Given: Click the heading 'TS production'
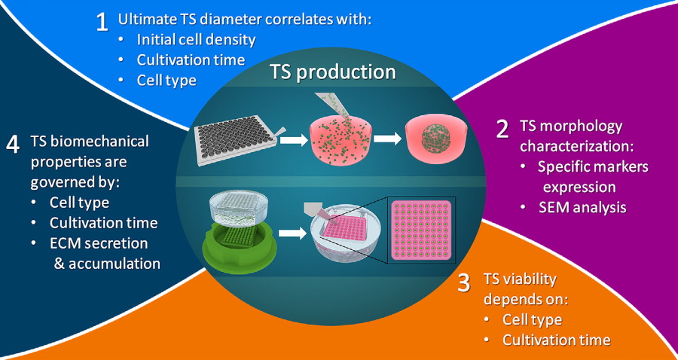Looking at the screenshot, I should pyautogui.click(x=332, y=72).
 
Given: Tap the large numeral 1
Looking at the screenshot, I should pyautogui.click(x=102, y=22).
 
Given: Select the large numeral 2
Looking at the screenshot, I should pyautogui.click(x=502, y=129).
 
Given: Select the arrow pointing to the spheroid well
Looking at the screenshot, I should pyautogui.click(x=387, y=139).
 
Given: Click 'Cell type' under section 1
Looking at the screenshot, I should pyautogui.click(x=166, y=80).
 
